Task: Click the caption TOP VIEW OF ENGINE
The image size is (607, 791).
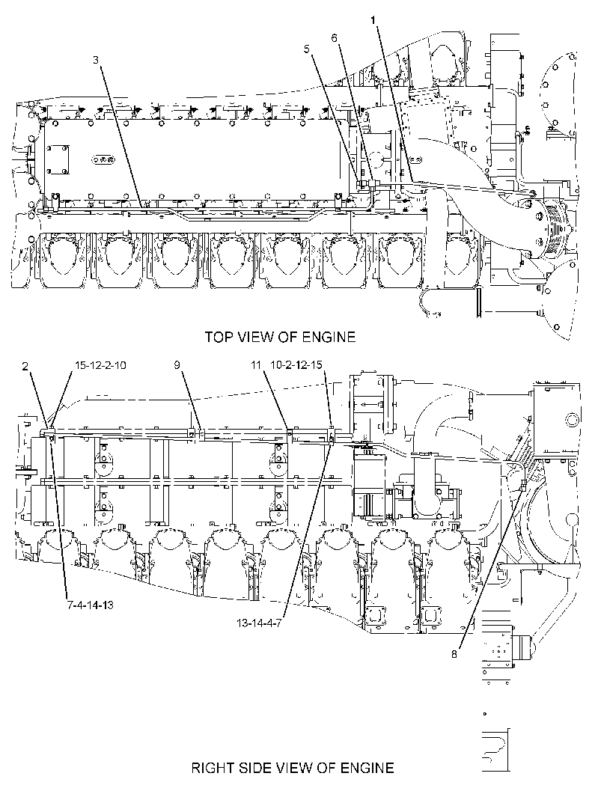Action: tap(280, 337)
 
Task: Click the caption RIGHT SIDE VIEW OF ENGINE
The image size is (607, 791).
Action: tap(293, 768)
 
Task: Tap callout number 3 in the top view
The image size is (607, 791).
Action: tap(96, 60)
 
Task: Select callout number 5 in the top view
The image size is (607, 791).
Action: tap(308, 49)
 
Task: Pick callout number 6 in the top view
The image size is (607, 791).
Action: tap(335, 38)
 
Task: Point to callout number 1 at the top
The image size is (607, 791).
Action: tap(373, 20)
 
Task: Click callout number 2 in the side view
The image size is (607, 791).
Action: tap(25, 366)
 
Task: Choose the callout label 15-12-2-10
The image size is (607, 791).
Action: tap(100, 364)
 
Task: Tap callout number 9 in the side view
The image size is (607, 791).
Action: tap(177, 364)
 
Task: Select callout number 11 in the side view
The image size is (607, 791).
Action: tap(257, 364)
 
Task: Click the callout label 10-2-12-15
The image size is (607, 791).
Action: tap(296, 364)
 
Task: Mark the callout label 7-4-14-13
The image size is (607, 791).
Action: tap(91, 605)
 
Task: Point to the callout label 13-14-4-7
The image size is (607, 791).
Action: tap(259, 623)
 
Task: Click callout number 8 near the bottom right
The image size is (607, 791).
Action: tap(454, 654)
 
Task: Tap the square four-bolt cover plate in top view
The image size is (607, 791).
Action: tap(58, 160)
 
